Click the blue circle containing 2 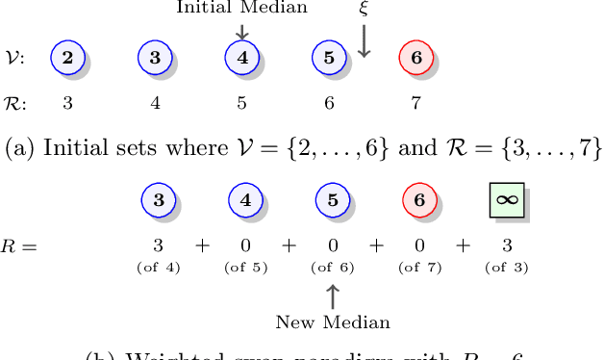click(x=67, y=57)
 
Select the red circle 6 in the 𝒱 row click(x=415, y=57)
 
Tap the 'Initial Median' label click(x=241, y=8)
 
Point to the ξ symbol click(x=364, y=8)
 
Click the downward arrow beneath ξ click(x=364, y=39)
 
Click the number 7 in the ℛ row click(x=415, y=101)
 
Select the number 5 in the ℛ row click(x=241, y=101)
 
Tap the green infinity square click(x=504, y=200)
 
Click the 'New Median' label click(x=333, y=321)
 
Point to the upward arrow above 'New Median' click(x=333, y=294)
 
